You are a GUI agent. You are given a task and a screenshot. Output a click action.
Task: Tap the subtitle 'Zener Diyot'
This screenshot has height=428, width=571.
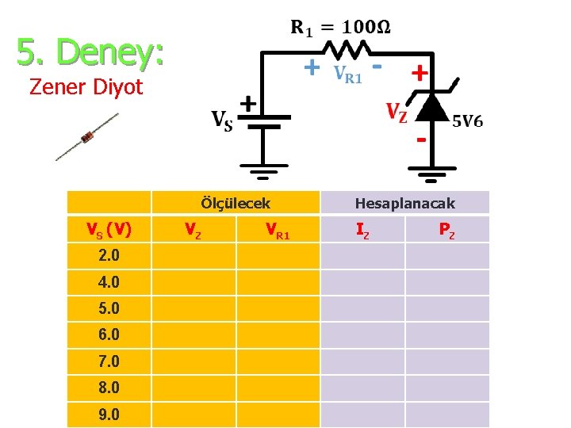86,86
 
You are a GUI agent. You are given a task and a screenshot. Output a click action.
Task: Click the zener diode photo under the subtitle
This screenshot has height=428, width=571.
87,137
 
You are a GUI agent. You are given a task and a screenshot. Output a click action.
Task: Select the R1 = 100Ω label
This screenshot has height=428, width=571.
340,29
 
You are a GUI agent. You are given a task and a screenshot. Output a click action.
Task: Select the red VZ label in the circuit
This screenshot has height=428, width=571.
397,112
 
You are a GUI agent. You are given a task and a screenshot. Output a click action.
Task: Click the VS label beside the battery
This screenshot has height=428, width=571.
221,120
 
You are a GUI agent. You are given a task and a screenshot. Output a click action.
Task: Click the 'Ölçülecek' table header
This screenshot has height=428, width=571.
236,203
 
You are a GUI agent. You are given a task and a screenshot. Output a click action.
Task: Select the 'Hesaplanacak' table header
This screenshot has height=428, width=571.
404,204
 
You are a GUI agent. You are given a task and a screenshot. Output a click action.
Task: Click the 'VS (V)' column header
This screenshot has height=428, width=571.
109,230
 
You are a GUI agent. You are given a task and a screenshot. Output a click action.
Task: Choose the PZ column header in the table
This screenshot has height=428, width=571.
447,230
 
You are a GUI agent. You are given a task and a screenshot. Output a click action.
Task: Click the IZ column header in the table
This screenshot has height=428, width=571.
362,230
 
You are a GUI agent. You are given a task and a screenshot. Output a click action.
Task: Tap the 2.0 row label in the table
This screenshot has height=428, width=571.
109,256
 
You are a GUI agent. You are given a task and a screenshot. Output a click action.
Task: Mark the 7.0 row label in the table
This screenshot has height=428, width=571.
109,361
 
